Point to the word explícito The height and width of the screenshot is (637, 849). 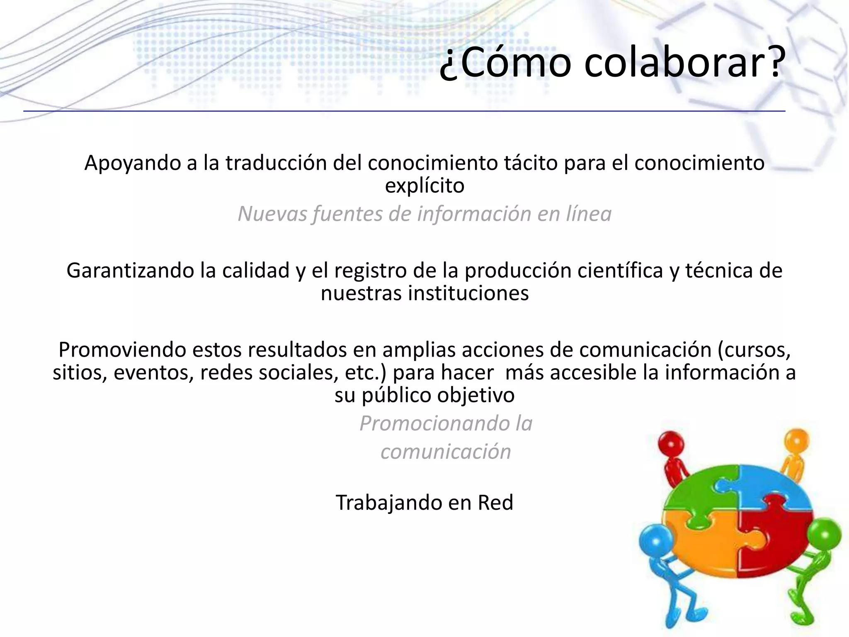pyautogui.click(x=424, y=186)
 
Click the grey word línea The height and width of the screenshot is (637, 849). pyautogui.click(x=588, y=214)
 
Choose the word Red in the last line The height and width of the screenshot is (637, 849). pyautogui.click(x=495, y=503)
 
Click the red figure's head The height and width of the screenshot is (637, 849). pyautogui.click(x=671, y=442)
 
